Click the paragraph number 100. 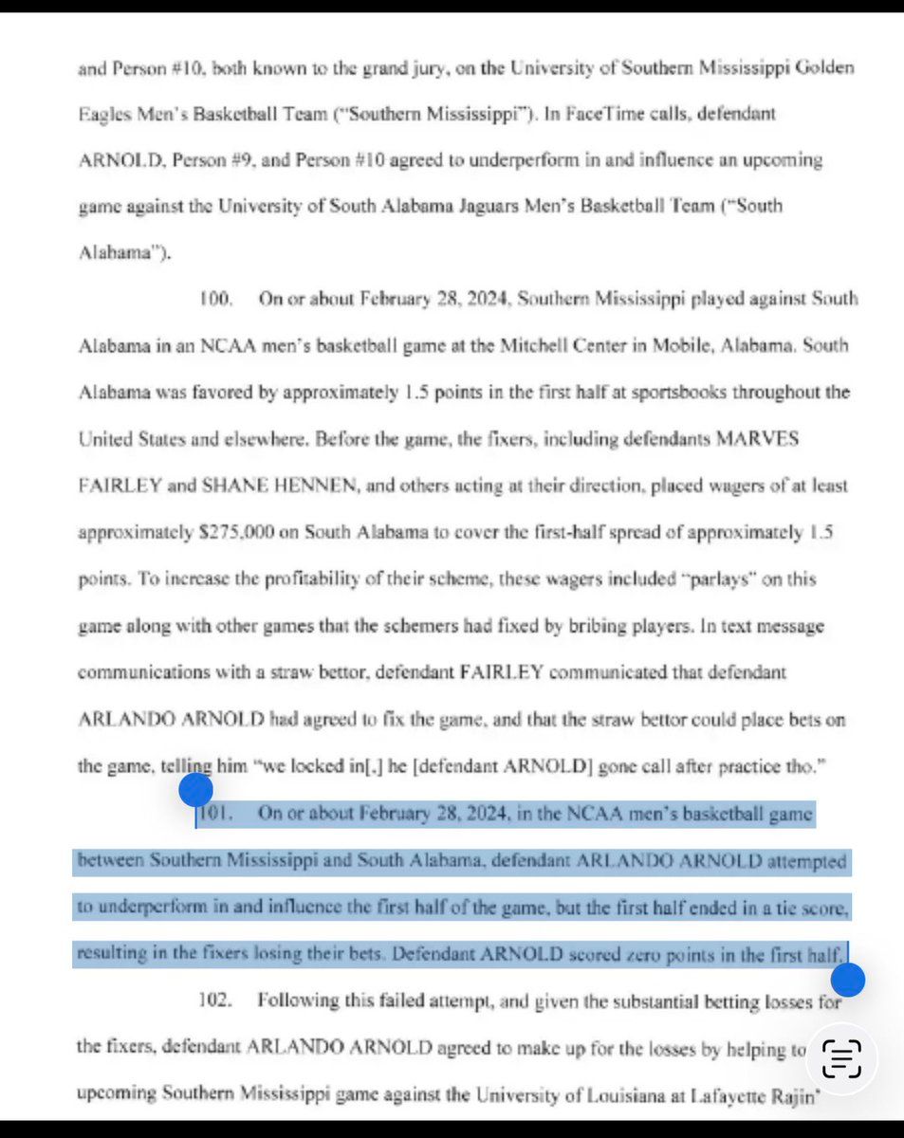[x=215, y=300]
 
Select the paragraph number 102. [x=215, y=1001]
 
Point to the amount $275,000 [x=237, y=532]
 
